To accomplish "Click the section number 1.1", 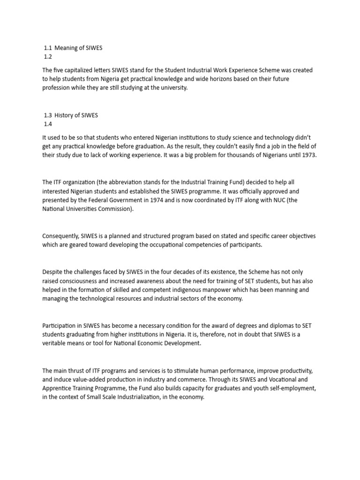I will click(48, 47).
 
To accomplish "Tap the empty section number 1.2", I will click(48, 57).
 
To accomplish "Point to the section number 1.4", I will click(48, 124).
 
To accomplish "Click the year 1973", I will click(308, 155).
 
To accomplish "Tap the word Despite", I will click(52, 272).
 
